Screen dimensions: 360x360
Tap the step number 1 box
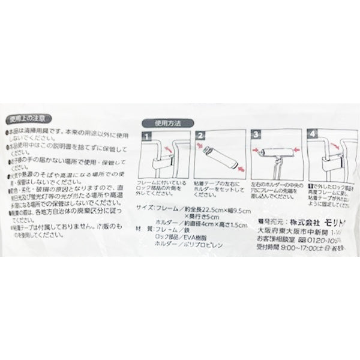click(145, 137)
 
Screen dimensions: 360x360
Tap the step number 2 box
click(201, 137)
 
